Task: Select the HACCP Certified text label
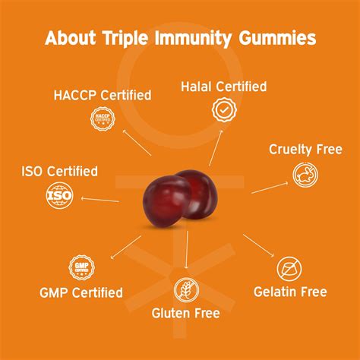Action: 103,96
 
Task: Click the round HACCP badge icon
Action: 103,118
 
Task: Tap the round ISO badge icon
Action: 58,197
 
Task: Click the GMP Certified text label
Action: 81,292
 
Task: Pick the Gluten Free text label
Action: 186,313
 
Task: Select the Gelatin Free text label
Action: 291,292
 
